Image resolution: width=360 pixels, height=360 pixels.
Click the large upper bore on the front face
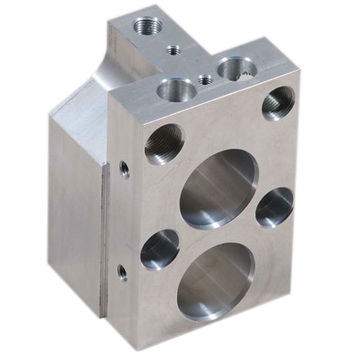coord(218,188)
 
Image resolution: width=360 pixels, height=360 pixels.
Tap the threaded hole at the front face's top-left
coord(162,144)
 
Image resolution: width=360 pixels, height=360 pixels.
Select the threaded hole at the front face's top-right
coord(279,102)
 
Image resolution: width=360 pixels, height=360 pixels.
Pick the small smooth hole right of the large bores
coord(274,206)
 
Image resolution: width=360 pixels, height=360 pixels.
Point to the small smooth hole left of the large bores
coord(159,249)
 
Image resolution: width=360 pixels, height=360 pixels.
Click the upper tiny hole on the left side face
coord(123,168)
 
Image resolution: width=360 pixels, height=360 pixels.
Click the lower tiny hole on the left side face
coord(121,270)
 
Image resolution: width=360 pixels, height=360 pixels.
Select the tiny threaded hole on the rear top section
coord(173,46)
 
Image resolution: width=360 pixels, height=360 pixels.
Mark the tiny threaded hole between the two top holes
coord(205,79)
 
